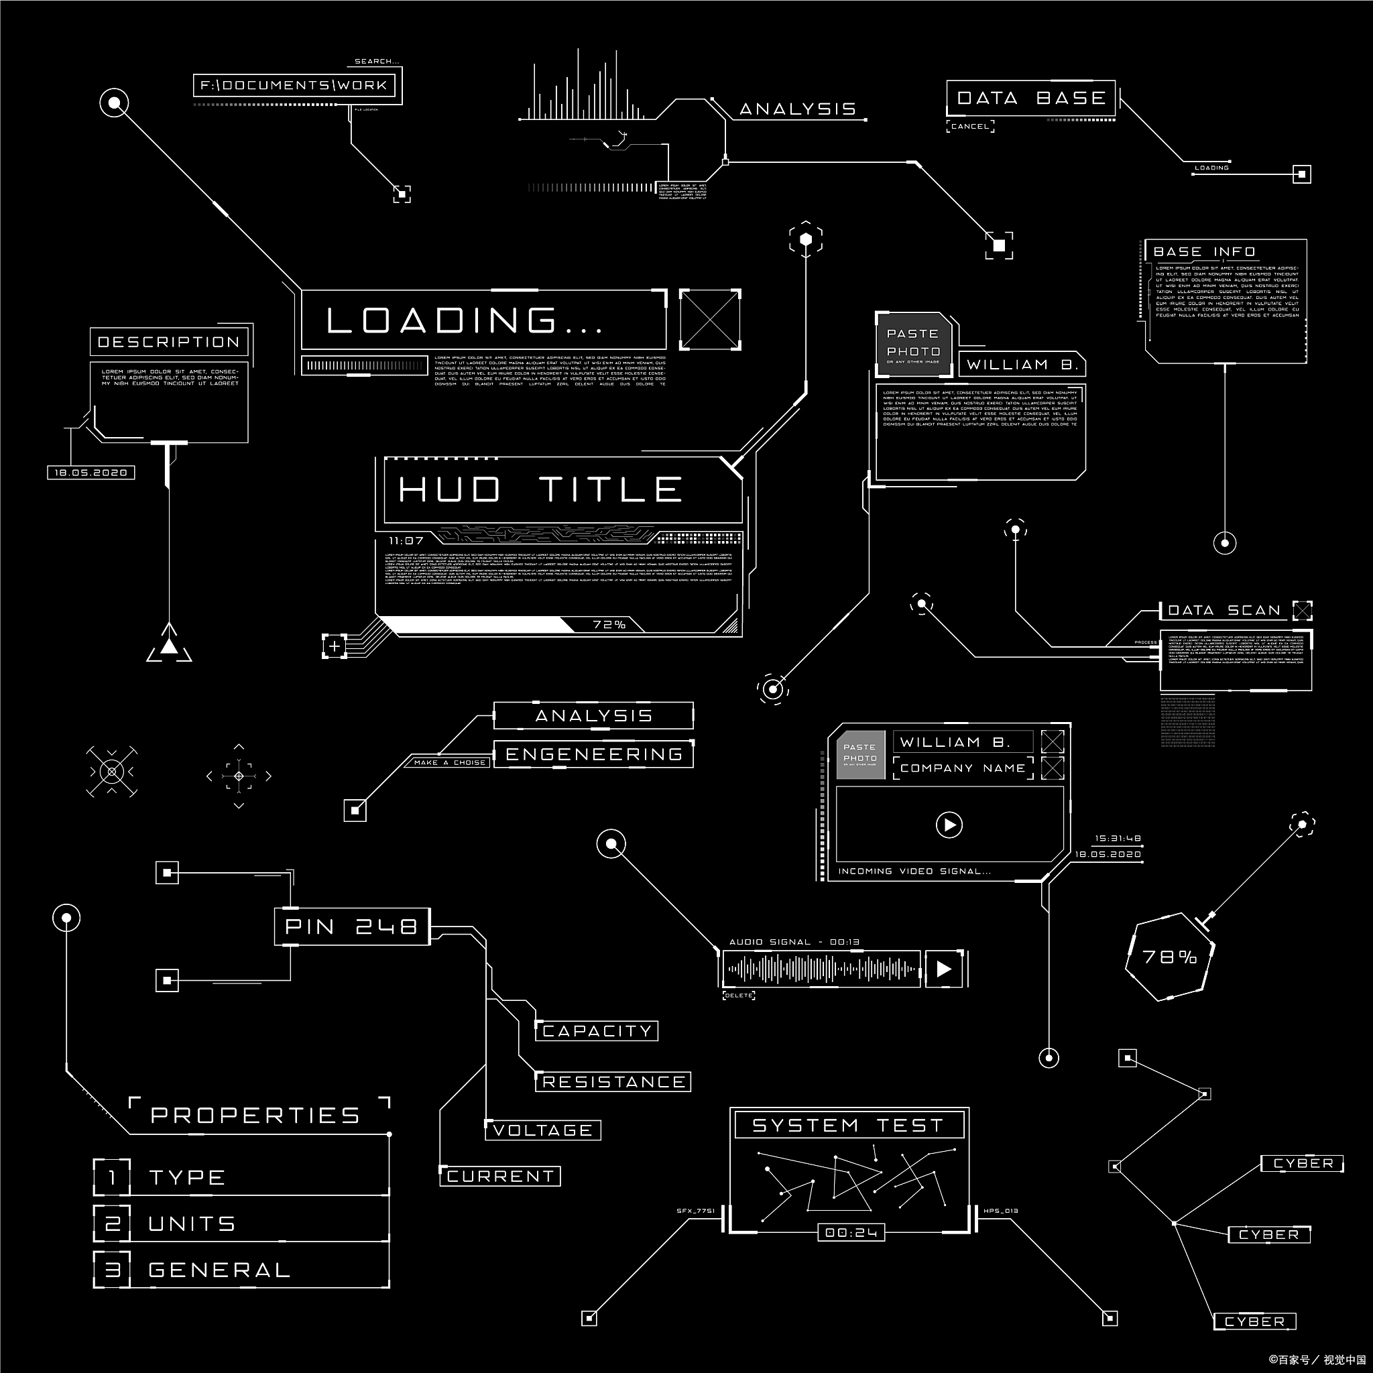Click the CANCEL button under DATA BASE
969,127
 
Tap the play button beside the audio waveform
944,969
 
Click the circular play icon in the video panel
949,825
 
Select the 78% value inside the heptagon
1169,957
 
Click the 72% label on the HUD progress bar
609,625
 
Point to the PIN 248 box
352,927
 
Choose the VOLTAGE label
543,1130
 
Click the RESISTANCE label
613,1081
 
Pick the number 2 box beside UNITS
112,1223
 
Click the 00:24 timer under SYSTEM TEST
851,1232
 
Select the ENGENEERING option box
593,754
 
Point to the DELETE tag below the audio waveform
738,996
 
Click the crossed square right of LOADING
710,319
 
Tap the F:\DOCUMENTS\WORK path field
294,86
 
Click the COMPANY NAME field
962,768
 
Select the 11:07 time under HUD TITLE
406,541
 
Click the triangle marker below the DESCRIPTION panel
169,646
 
